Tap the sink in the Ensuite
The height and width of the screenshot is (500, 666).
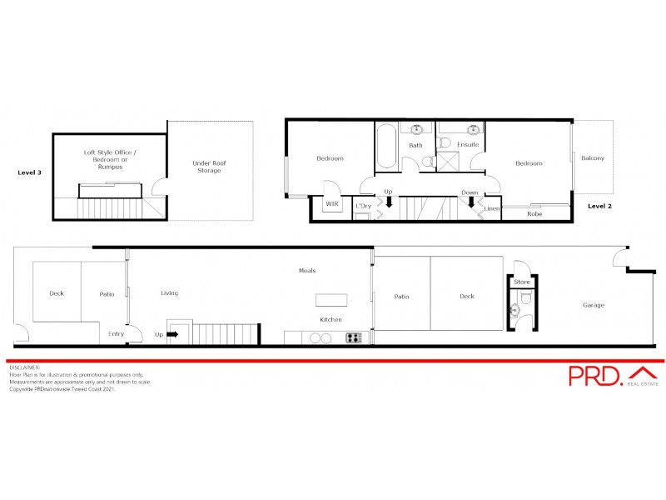coord(474,130)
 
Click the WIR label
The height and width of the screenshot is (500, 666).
coord(332,203)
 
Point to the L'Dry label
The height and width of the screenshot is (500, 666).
coord(363,205)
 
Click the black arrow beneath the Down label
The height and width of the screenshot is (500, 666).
coord(471,201)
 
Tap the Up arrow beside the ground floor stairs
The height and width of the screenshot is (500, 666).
coord(173,334)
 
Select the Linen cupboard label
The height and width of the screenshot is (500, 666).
coord(492,208)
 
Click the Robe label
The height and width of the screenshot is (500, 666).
coord(534,214)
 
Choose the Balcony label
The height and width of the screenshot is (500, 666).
coord(593,158)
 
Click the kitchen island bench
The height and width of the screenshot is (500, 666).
coord(331,301)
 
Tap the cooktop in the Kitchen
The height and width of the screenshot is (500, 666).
coord(354,337)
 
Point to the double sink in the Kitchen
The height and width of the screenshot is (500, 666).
coord(321,337)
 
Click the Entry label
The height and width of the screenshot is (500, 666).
coord(117,334)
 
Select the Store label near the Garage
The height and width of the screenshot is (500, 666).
coord(522,282)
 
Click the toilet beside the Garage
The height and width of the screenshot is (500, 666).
coord(515,310)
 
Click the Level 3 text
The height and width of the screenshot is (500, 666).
coord(30,172)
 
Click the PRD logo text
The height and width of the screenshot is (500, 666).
coord(594,376)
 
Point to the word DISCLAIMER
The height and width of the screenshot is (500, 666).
coord(25,367)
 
